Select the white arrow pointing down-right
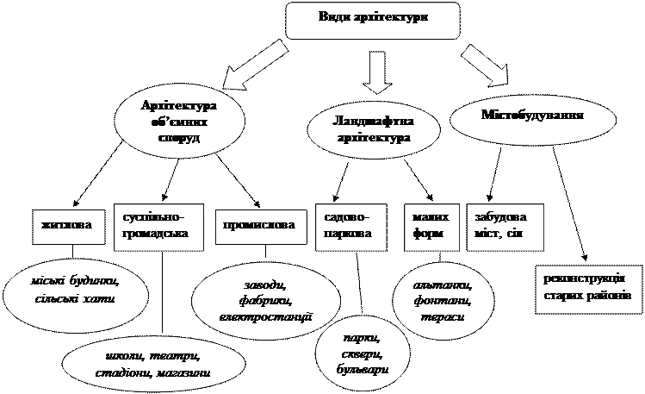pos(484,64)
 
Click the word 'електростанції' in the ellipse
pos(265,317)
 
